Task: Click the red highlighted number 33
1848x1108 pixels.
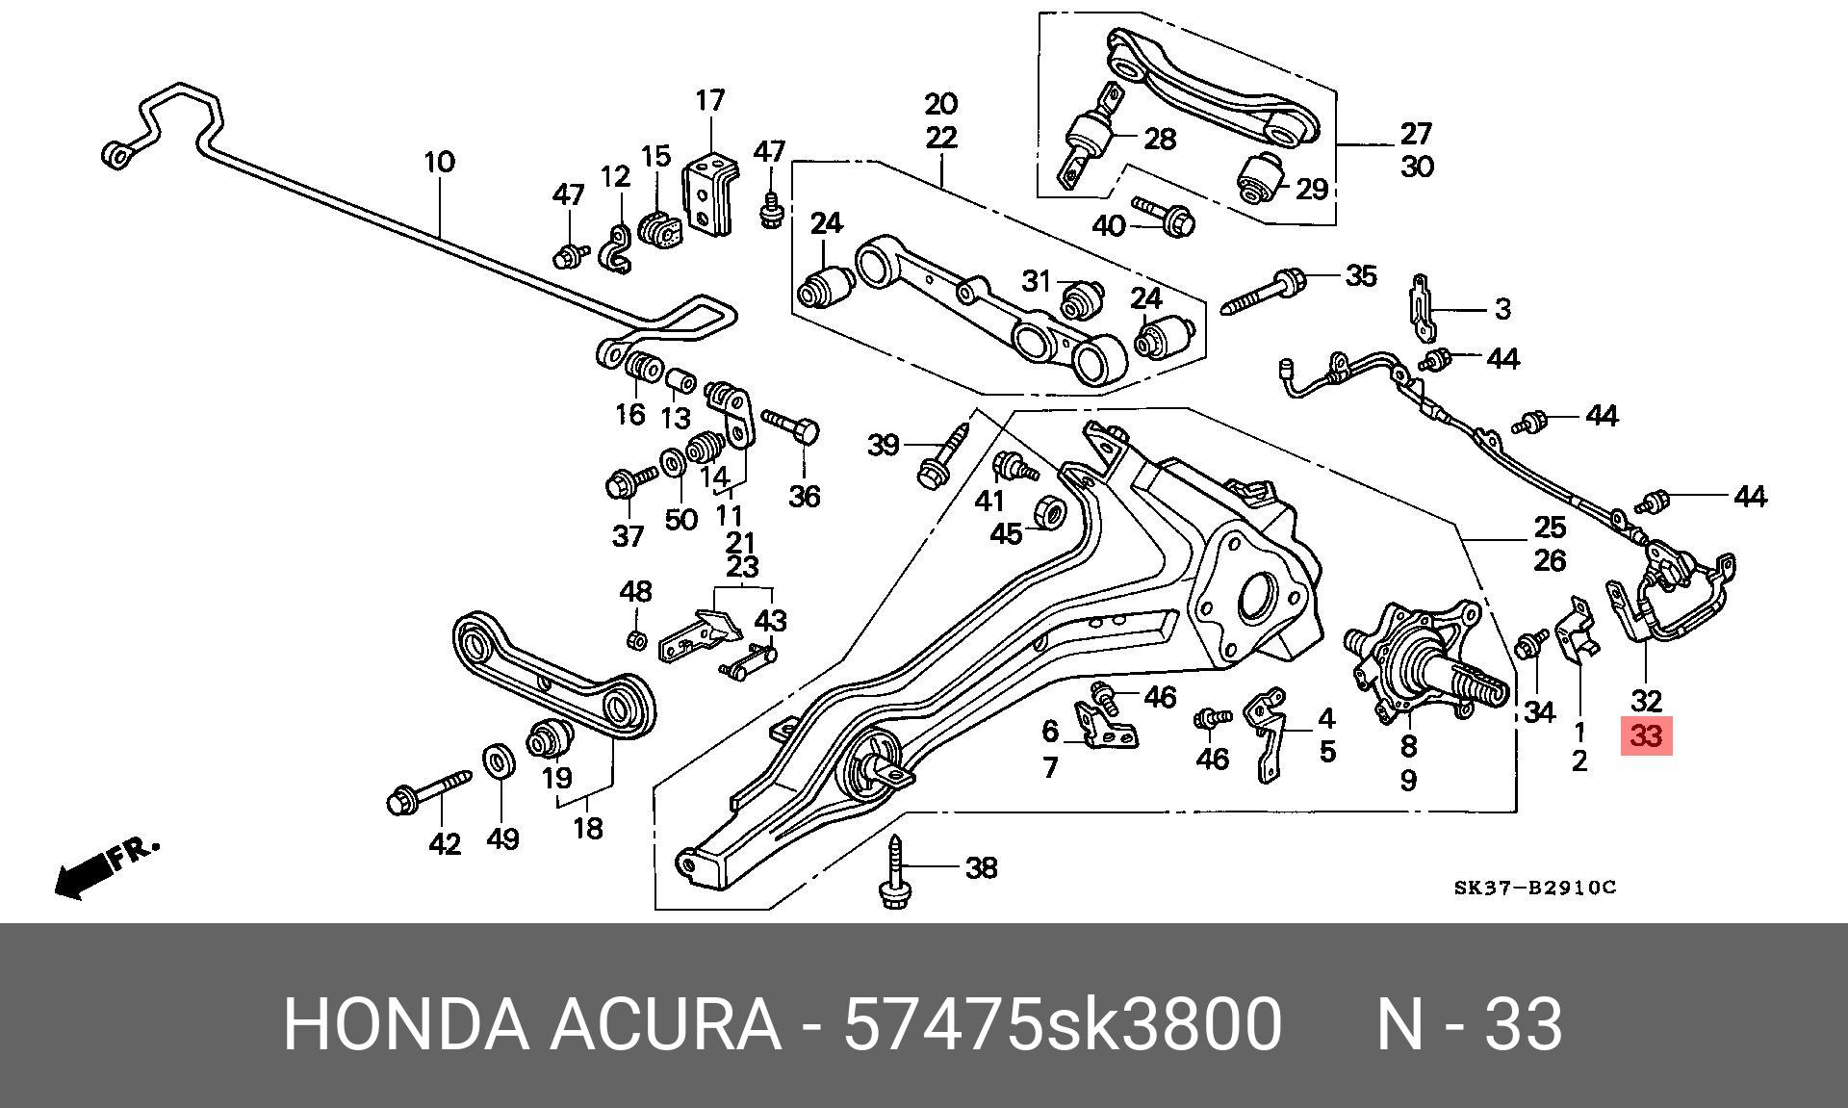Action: pos(1647,737)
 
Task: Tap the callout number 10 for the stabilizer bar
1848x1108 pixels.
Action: pos(439,161)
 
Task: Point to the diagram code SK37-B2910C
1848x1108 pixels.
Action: pos(1534,887)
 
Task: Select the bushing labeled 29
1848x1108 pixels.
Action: pos(1260,176)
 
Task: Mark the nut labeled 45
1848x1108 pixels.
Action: pos(1050,511)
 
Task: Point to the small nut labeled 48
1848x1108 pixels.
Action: pos(635,640)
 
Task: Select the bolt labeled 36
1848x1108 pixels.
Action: pos(791,428)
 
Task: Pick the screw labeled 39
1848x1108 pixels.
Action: pos(943,456)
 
